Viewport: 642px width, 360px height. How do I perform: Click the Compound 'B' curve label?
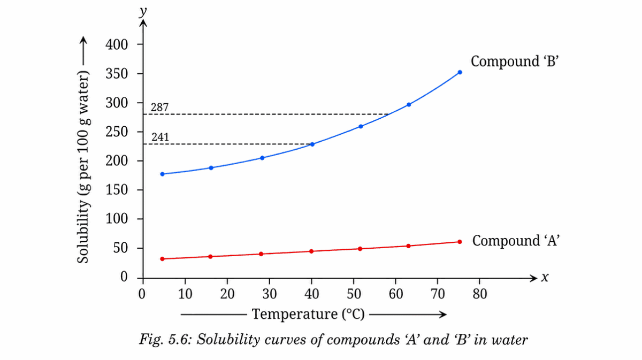tap(514, 61)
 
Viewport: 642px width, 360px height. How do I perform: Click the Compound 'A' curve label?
tap(516, 241)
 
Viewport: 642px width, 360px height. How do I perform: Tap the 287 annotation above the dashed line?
tap(160, 108)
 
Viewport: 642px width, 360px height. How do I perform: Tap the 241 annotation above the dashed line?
tap(160, 137)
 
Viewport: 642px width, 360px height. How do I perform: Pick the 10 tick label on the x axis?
tap(185, 293)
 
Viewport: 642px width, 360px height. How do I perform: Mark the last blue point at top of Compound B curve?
tap(460, 72)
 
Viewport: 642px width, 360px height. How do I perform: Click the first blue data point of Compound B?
tap(163, 174)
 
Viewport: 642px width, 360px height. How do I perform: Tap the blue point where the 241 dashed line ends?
tap(312, 144)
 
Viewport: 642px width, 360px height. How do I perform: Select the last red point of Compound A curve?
tap(460, 242)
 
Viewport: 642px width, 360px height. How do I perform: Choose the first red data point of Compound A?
tap(163, 259)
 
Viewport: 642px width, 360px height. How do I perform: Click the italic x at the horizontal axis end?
tap(545, 278)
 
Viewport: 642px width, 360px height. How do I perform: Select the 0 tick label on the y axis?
tap(124, 277)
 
